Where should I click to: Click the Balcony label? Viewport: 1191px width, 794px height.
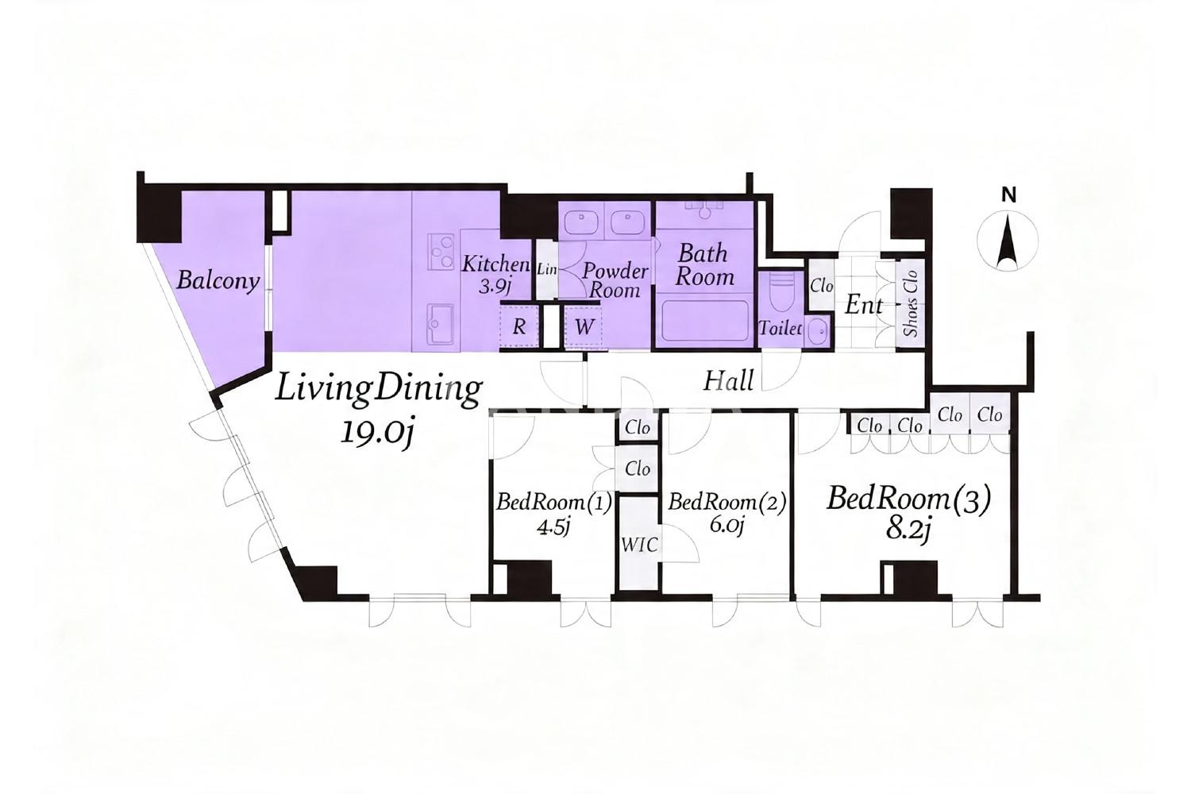218,281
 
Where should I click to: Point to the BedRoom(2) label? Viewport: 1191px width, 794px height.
727,503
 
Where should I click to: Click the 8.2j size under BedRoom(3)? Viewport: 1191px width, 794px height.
908,530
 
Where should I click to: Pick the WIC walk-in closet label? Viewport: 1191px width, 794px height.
640,545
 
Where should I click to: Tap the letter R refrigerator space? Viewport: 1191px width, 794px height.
519,326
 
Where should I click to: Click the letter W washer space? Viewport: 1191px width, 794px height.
584,326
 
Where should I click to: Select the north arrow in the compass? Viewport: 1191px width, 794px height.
1007,242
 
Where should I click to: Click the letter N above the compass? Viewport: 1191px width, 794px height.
1008,195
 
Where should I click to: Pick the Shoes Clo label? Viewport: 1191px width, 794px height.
911,303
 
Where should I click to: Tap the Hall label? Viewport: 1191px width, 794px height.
728,381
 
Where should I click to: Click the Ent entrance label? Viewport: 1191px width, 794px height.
864,305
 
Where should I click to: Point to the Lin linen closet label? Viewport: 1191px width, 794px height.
546,270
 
